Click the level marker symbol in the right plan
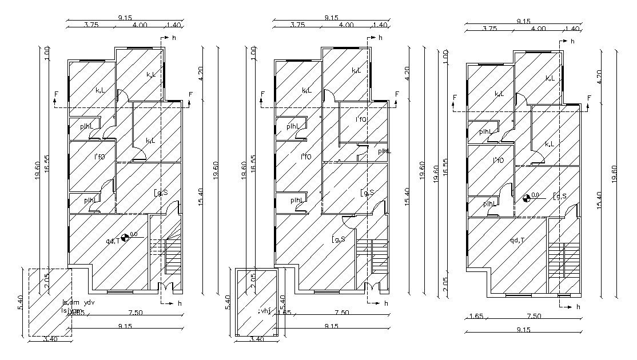pos(526,199)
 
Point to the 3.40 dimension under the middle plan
pos(257,339)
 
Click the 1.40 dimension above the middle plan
pos(380,25)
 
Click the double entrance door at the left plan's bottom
pos(164,287)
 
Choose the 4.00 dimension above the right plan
pos(538,28)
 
